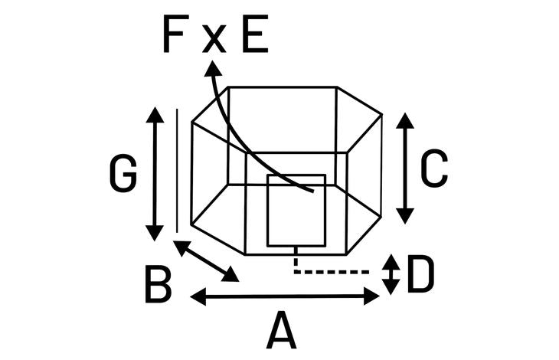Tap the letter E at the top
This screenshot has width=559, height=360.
[255, 34]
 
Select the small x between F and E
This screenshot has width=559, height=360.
[214, 39]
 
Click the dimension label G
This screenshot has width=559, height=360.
[123, 174]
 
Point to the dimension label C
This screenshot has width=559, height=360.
[434, 169]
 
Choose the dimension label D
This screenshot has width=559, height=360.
[420, 273]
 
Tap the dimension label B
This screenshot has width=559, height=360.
[159, 285]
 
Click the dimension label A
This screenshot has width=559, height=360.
[281, 330]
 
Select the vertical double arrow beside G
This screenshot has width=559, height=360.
[155, 174]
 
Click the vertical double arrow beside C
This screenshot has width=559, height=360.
[405, 169]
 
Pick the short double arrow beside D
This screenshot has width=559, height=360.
[391, 274]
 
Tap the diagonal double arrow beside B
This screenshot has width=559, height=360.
[206, 261]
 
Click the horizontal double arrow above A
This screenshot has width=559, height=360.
[285, 296]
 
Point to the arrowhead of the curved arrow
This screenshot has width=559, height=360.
[213, 68]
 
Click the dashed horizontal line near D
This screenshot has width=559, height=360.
[332, 273]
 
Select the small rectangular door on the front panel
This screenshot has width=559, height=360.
[296, 211]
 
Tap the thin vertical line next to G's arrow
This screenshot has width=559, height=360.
[177, 171]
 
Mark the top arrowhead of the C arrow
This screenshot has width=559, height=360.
[405, 120]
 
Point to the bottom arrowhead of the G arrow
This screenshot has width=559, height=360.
[155, 234]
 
